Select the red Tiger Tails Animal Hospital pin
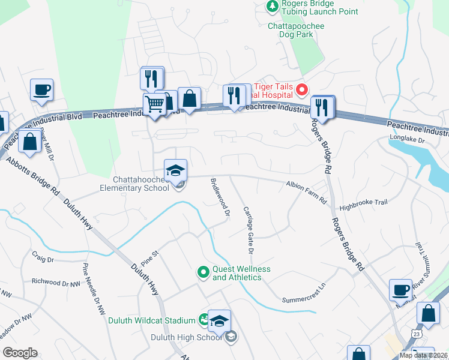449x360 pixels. (302, 91)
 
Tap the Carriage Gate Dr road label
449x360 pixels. (249, 229)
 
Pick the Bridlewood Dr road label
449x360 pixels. (220, 197)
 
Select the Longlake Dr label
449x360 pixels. (407, 140)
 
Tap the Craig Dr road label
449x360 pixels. (43, 260)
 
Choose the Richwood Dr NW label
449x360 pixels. (55, 281)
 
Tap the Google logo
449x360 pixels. (20, 353)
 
